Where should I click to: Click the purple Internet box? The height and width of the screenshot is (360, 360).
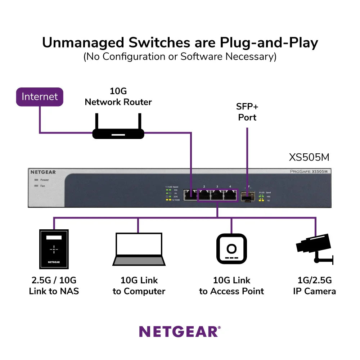(x=40, y=97)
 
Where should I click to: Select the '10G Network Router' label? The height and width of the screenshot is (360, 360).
(x=118, y=96)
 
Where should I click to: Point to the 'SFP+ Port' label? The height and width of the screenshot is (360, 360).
(x=247, y=112)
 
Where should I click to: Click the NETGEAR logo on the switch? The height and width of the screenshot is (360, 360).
(x=43, y=172)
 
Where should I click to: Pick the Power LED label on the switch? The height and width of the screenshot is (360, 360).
(x=44, y=180)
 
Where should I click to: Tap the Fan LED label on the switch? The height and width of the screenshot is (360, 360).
(x=42, y=186)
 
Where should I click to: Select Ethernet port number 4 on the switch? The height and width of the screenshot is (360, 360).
(x=230, y=195)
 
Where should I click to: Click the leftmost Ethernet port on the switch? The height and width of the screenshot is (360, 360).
(x=190, y=195)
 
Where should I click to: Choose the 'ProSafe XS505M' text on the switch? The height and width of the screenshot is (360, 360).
(x=309, y=172)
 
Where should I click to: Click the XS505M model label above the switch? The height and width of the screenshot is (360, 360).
(x=309, y=158)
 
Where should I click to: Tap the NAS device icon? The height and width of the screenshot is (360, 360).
(x=54, y=249)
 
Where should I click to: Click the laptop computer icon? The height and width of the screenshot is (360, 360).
(x=139, y=249)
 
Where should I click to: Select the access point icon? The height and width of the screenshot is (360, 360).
(x=231, y=249)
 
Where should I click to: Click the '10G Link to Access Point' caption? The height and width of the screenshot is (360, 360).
(x=231, y=286)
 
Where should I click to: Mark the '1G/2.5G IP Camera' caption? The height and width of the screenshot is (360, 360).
(x=314, y=286)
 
